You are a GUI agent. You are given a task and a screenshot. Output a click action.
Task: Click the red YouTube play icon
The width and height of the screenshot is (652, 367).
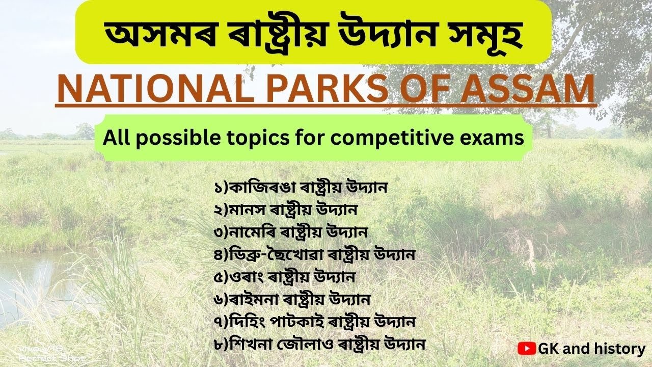(526, 349)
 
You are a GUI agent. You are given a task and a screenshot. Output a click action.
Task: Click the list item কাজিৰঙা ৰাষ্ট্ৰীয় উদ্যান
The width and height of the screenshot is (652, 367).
(301, 188)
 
